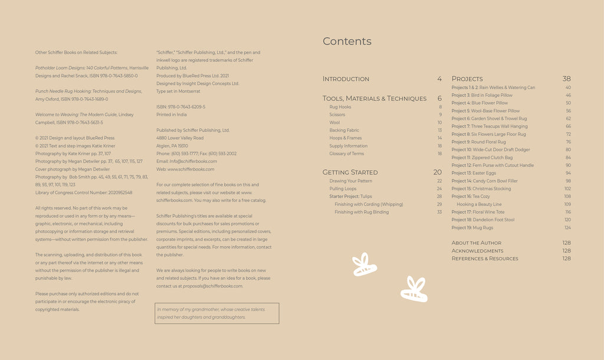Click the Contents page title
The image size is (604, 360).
tap(347, 41)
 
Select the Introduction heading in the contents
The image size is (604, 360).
tap(346, 79)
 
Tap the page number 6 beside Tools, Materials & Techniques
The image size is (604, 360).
tap(439, 99)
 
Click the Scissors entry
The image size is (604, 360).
tap(337, 115)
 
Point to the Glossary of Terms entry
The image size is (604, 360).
tap(346, 154)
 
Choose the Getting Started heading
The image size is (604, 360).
tap(350, 172)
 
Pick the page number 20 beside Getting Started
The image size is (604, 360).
tap(437, 172)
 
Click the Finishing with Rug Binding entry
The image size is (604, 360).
tap(362, 212)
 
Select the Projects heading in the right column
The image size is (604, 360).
tap(467, 79)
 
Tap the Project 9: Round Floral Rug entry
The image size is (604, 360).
tap(478, 142)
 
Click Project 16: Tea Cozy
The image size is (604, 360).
tap(471, 197)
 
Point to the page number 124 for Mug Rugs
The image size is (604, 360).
tap(567, 227)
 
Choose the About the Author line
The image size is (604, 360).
tap(477, 243)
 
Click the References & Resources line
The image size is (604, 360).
tap(485, 258)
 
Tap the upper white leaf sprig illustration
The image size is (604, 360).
tap(365, 265)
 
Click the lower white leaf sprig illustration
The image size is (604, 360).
tap(414, 289)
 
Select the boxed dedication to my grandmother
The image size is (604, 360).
tap(216, 313)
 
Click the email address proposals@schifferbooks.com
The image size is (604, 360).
tap(212, 286)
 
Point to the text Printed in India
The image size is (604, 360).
tap(172, 114)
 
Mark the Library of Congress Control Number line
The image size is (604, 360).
tap(84, 192)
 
